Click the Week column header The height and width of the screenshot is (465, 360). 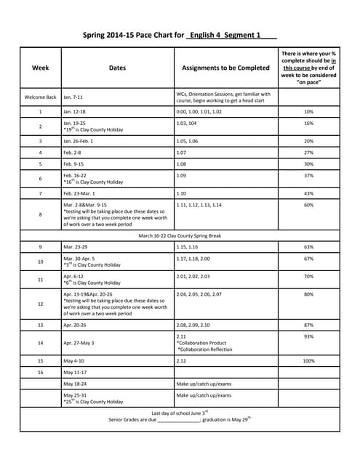pyautogui.click(x=41, y=68)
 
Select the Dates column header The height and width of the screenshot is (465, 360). pyautogui.click(x=117, y=68)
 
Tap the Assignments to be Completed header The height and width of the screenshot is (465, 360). pyautogui.click(x=225, y=68)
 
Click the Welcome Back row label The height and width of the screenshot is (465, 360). pyautogui.click(x=41, y=97)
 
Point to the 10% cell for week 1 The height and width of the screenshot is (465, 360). pyautogui.click(x=308, y=112)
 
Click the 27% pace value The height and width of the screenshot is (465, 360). pyautogui.click(x=308, y=153)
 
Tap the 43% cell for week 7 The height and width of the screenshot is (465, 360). pyautogui.click(x=308, y=193)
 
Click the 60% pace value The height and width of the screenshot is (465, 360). pyautogui.click(x=308, y=206)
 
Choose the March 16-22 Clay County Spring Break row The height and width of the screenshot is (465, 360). pyautogui.click(x=180, y=235)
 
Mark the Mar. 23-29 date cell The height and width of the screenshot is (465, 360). pyautogui.click(x=78, y=248)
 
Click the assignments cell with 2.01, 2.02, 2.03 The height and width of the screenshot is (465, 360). pyautogui.click(x=193, y=276)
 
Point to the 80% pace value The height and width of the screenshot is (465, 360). pyautogui.click(x=308, y=294)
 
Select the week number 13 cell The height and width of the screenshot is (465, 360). pyautogui.click(x=41, y=325)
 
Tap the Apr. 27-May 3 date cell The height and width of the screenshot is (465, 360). pyautogui.click(x=81, y=342)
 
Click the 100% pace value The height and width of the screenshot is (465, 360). pyautogui.click(x=308, y=360)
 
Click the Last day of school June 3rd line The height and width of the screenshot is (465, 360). pyautogui.click(x=180, y=412)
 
